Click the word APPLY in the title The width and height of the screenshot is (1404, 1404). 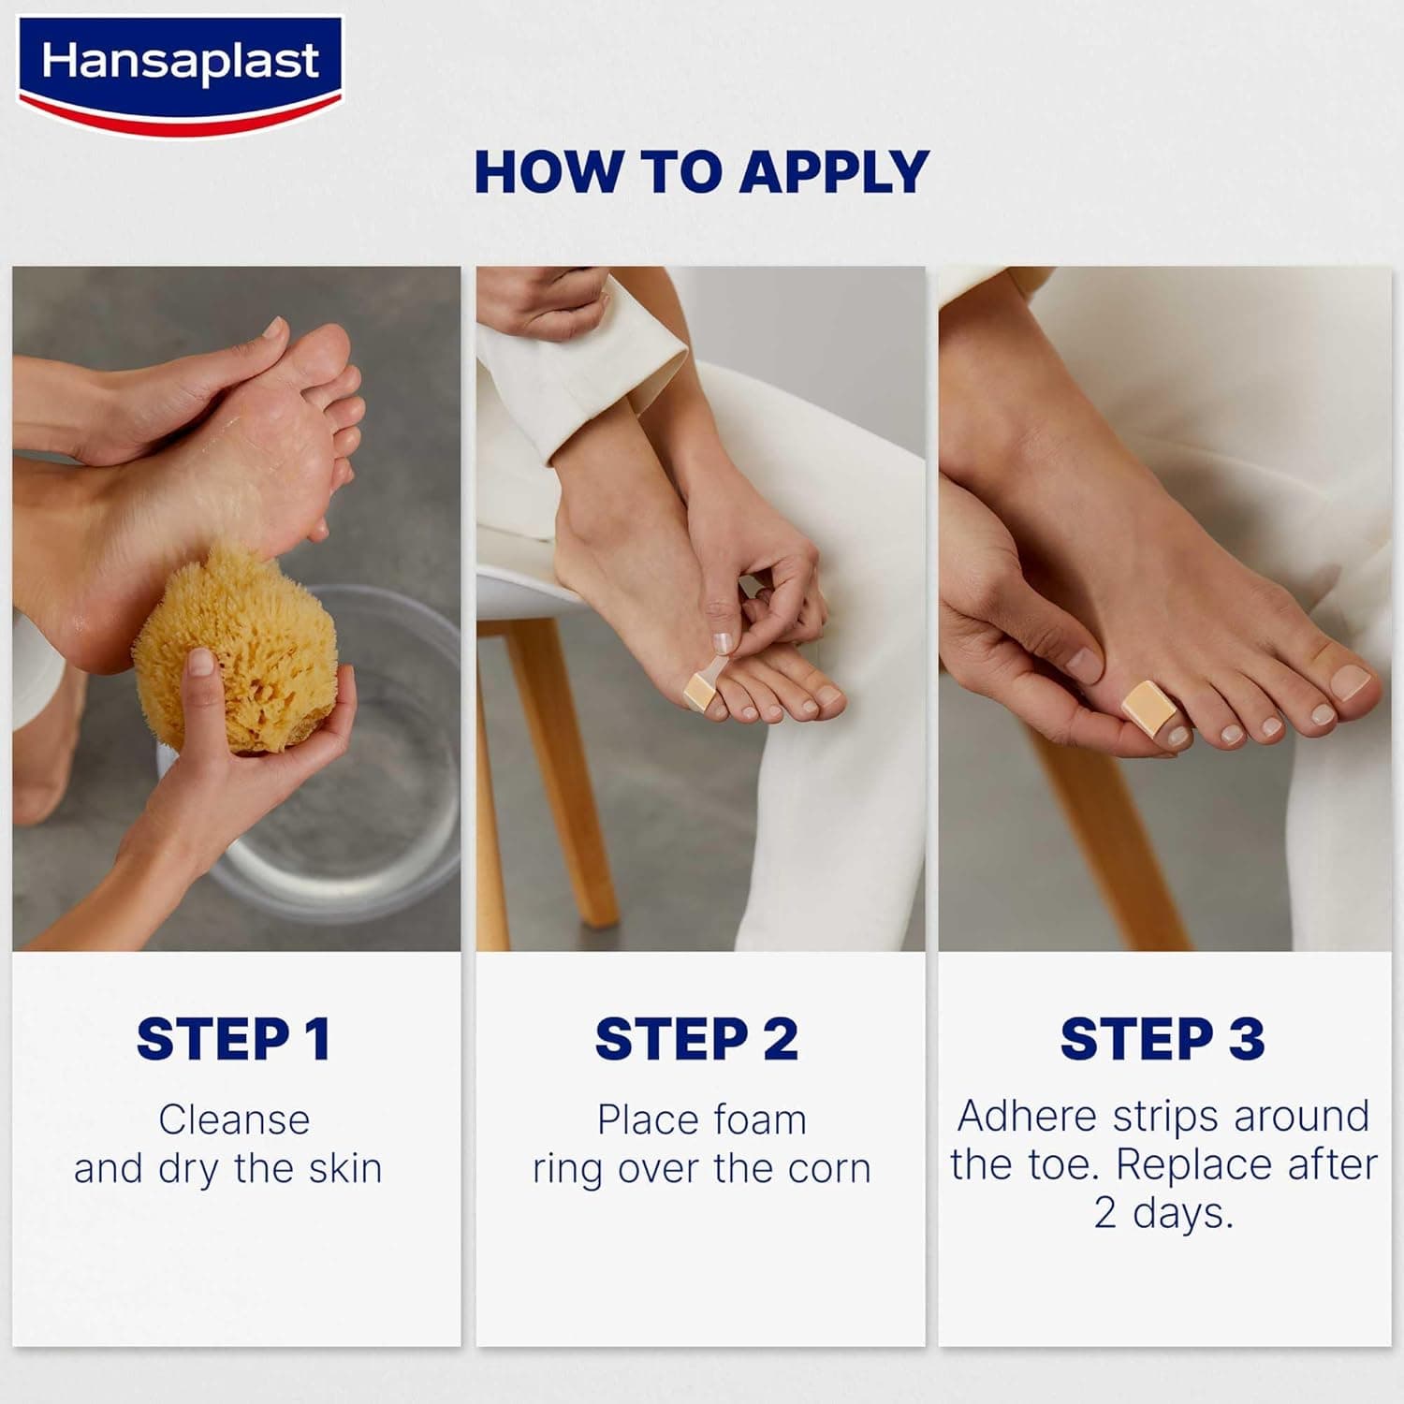pyautogui.click(x=833, y=172)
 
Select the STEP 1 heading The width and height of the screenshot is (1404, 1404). pyautogui.click(x=233, y=1039)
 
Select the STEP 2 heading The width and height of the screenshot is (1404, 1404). pyautogui.click(x=697, y=1039)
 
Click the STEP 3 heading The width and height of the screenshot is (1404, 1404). pyautogui.click(x=1163, y=1039)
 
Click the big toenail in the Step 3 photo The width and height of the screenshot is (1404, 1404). pyautogui.click(x=1351, y=683)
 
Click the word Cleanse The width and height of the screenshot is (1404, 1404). pyautogui.click(x=234, y=1119)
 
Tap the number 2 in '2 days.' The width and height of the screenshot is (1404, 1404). pyautogui.click(x=1105, y=1213)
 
